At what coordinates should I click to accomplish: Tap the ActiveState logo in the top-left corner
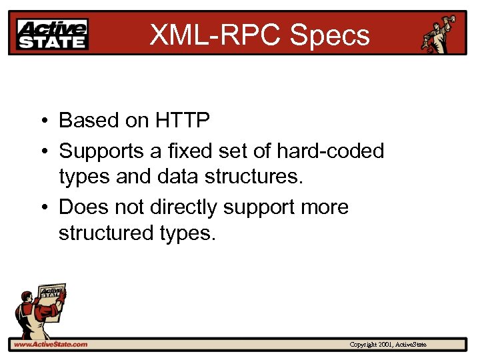coord(53,33)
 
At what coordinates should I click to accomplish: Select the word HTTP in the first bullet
coord(183,120)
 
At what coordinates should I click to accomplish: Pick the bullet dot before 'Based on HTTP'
coord(42,121)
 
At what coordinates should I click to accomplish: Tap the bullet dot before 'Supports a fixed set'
coord(42,152)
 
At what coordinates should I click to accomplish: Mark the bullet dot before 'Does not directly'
coord(42,207)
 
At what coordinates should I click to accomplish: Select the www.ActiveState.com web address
coord(51,345)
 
